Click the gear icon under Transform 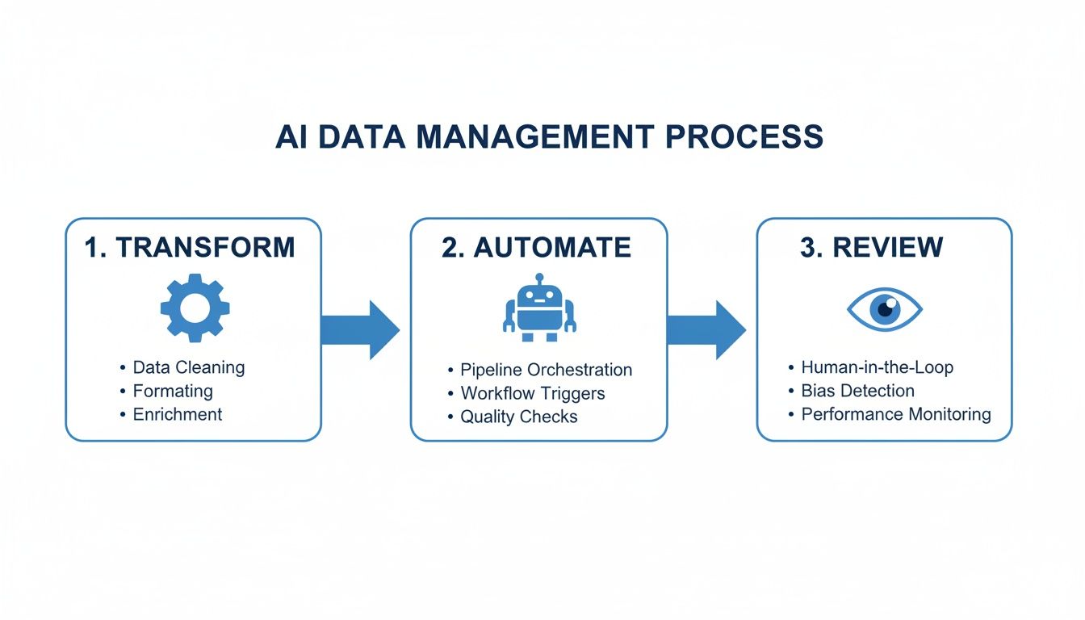(x=195, y=308)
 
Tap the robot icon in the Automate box (x=539, y=308)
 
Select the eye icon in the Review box (x=884, y=308)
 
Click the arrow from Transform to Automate (x=360, y=329)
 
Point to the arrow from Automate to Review (x=706, y=329)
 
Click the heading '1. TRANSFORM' (x=190, y=247)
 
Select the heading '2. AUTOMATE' (x=536, y=247)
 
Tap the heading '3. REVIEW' (x=871, y=247)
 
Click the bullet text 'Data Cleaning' (x=188, y=367)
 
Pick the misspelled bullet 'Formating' (x=173, y=391)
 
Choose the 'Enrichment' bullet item (x=177, y=414)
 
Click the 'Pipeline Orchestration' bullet (x=546, y=370)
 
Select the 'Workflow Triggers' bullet (x=532, y=393)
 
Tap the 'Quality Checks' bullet (x=518, y=417)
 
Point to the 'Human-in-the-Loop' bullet (x=877, y=367)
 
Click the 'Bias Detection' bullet (x=857, y=391)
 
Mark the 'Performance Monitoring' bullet (x=895, y=414)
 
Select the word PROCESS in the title (x=744, y=136)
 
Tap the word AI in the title (x=292, y=136)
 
